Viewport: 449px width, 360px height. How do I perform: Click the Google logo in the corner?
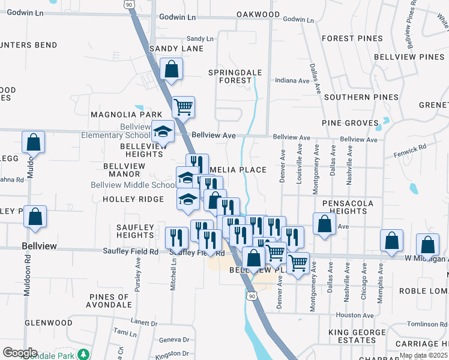20,353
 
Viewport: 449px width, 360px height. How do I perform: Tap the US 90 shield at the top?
129,4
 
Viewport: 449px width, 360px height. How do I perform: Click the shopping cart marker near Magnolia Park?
184,107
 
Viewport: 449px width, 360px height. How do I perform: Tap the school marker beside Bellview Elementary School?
163,131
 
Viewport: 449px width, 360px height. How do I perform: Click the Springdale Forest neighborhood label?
235,76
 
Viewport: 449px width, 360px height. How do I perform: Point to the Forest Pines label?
351,38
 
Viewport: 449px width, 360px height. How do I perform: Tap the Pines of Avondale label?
109,301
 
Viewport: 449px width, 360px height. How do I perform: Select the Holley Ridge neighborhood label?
133,199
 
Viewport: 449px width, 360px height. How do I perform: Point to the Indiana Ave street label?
291,80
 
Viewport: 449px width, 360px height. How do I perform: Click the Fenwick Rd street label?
412,146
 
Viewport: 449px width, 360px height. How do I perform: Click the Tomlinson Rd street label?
427,324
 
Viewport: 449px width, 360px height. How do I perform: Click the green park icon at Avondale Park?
85,353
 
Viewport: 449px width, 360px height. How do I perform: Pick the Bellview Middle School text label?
133,185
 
